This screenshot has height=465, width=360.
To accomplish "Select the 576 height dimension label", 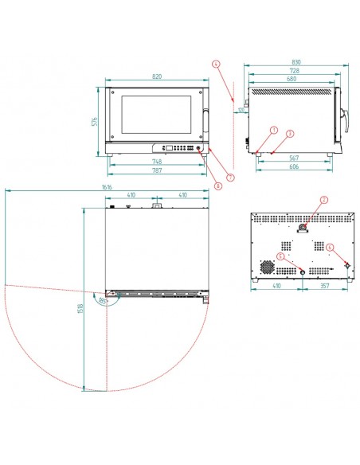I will point(93,122).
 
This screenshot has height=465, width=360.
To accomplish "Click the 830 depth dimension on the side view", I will point(296,63).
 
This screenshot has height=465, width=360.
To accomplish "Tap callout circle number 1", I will point(273,129).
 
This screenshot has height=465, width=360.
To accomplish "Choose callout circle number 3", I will point(291,134).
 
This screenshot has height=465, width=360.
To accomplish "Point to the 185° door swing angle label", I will point(102,302).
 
